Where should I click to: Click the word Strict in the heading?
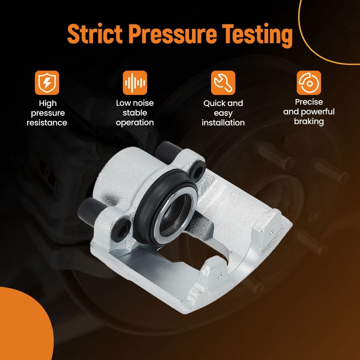(95, 34)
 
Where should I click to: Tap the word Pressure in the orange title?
(172, 34)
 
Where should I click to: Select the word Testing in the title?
(257, 36)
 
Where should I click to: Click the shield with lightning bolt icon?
(47, 83)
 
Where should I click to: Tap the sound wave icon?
(135, 83)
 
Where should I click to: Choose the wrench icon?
(223, 83)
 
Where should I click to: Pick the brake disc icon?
(309, 83)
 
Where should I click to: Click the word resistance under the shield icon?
(47, 123)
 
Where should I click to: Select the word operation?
(135, 123)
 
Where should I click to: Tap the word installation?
(223, 123)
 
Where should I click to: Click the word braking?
(309, 122)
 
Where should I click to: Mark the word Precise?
(309, 102)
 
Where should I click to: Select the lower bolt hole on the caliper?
(122, 229)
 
